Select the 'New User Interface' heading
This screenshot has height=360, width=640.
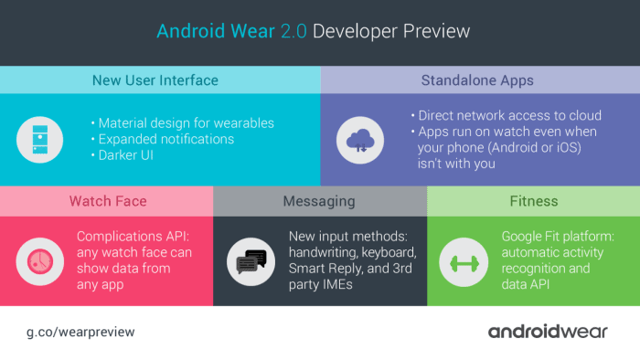[155, 80]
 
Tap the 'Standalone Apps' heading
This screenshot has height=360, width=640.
[477, 80]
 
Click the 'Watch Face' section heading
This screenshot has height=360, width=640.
[107, 201]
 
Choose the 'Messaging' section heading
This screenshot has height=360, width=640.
[319, 201]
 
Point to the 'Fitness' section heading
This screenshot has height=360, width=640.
[535, 201]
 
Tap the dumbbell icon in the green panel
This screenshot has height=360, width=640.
[460, 260]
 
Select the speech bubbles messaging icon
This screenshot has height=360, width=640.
[251, 261]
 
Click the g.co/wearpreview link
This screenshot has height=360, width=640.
[80, 332]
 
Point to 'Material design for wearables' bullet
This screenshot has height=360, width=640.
[186, 123]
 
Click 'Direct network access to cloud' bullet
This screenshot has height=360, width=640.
[504, 115]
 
